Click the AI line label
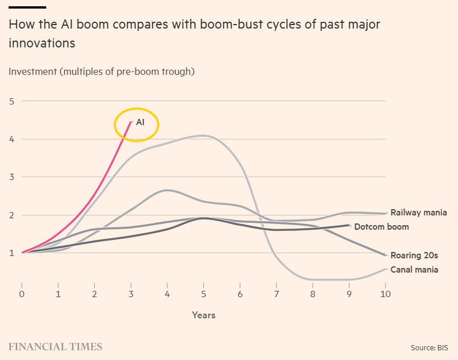[x=140, y=122]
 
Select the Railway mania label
[x=419, y=213]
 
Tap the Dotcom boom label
[x=381, y=227]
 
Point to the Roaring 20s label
[x=414, y=255]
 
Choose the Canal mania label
[x=414, y=269]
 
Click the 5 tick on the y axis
[x=11, y=101]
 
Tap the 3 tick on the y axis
[x=11, y=177]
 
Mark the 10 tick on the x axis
[x=385, y=294]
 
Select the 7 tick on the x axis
[x=276, y=294]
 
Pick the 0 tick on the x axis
[x=22, y=294]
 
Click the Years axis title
[x=204, y=315]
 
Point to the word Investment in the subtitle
[x=33, y=71]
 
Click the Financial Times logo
[x=55, y=347]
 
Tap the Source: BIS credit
[x=429, y=348]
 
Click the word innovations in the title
[x=42, y=43]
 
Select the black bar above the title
[x=27, y=7]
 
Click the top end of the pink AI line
[x=131, y=121]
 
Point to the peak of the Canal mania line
[x=203, y=135]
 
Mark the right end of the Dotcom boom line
[x=349, y=225]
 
